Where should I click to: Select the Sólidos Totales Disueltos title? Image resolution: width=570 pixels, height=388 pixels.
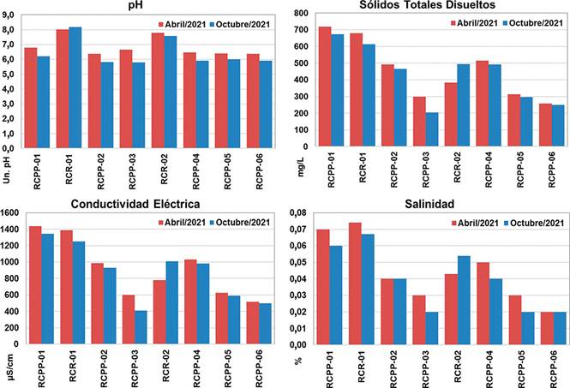pyautogui.click(x=433, y=7)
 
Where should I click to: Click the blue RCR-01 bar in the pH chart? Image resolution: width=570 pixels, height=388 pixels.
pyautogui.click(x=75, y=86)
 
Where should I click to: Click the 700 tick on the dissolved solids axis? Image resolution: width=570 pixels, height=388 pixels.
pyautogui.click(x=303, y=29)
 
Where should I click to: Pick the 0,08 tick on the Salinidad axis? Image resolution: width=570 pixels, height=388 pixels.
pyautogui.click(x=299, y=212)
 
